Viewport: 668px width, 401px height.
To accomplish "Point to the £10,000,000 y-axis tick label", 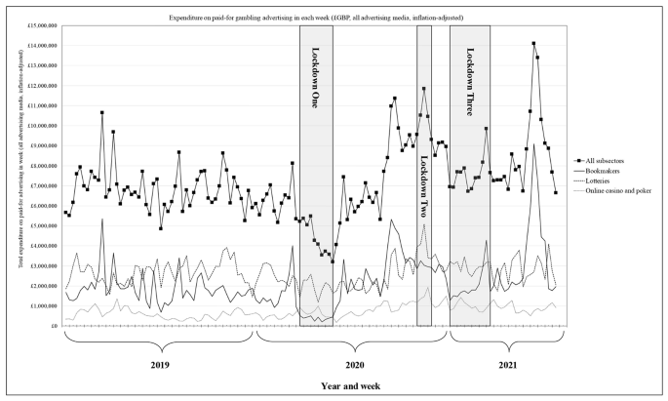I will pyautogui.click(x=37, y=126).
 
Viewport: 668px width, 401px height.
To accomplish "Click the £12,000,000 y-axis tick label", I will pyautogui.click(x=37, y=86).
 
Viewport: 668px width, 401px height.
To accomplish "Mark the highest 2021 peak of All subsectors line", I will pyautogui.click(x=533, y=43).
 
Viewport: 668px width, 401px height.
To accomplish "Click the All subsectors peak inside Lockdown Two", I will pyautogui.click(x=424, y=89).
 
